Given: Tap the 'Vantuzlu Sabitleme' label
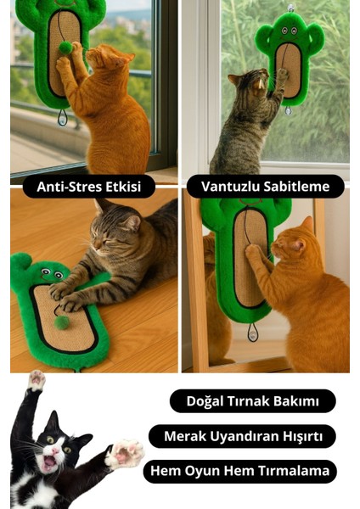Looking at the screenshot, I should [266, 187].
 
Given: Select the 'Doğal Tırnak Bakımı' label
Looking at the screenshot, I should [252, 401].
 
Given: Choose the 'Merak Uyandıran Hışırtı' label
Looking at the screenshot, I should [242, 436].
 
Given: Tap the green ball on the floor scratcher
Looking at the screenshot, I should [61, 322].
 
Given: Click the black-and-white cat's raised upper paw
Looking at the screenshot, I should [35, 381].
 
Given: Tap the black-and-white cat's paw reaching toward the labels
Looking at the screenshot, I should [124, 453].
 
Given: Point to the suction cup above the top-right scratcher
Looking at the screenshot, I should [291, 7].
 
